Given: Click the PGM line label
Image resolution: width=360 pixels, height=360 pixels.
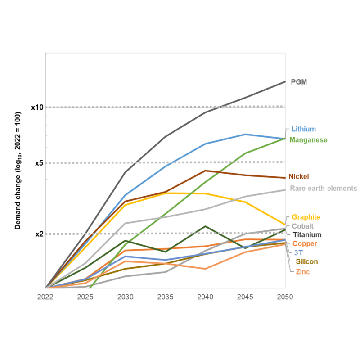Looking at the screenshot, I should coord(299,82).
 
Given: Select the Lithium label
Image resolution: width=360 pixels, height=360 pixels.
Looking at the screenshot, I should coord(303,129).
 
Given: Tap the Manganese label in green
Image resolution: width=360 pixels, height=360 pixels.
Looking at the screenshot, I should coord(308,140).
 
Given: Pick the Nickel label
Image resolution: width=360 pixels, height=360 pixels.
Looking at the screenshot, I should coord(299,176).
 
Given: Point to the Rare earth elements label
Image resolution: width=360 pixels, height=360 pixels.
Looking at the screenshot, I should coord(323,188).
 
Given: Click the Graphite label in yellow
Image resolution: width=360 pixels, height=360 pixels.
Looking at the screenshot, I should coord(306,217).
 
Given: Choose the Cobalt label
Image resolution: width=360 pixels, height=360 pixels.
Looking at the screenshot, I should coord(302,226).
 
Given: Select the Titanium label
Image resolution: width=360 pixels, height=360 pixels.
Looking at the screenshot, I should coord(307,234).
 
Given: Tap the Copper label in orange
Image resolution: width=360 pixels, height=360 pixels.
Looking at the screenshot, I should coord(305,243).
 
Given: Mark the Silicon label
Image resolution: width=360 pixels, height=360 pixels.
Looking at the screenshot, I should coord(307,261).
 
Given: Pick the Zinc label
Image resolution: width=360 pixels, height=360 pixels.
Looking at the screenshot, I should coord(302,271).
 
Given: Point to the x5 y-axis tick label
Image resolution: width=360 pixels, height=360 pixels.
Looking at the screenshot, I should coord(39,163).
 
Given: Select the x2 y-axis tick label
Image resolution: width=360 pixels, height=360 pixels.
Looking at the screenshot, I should coord(39,234).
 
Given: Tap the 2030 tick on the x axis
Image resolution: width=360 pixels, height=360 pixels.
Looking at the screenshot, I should coord(125,297).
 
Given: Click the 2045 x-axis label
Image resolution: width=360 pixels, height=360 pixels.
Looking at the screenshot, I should coord(245,297).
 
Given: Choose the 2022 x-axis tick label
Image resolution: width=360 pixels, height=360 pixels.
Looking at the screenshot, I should coord(45,297).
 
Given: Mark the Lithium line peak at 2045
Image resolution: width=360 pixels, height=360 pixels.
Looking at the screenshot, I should coord(245,134).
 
